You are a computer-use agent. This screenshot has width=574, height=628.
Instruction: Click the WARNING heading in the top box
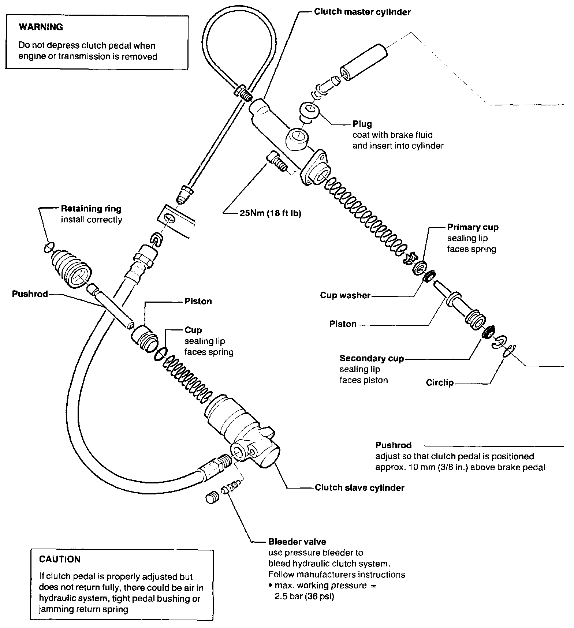point(41,27)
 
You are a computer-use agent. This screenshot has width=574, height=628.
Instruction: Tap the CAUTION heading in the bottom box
point(60,559)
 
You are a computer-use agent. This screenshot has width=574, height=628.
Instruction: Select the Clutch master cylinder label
point(362,12)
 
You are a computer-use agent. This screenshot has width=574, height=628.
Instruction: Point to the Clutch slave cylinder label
point(359,488)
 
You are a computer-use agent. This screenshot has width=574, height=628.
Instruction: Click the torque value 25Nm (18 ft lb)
point(270,213)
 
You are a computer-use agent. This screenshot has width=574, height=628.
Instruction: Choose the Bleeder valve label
point(297,542)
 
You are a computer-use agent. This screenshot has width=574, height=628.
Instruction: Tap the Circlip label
point(440,383)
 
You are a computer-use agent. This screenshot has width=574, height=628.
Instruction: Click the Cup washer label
point(345,295)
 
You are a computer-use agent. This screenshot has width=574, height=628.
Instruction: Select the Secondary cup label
point(372,358)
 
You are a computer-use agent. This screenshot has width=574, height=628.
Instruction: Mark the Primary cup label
point(473,227)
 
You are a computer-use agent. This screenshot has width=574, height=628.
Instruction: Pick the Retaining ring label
point(91,209)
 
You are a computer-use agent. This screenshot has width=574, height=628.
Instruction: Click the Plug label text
point(362,124)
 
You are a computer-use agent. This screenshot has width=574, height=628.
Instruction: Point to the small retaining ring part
point(48,248)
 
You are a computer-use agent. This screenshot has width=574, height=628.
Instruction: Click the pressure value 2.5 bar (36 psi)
point(304,597)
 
